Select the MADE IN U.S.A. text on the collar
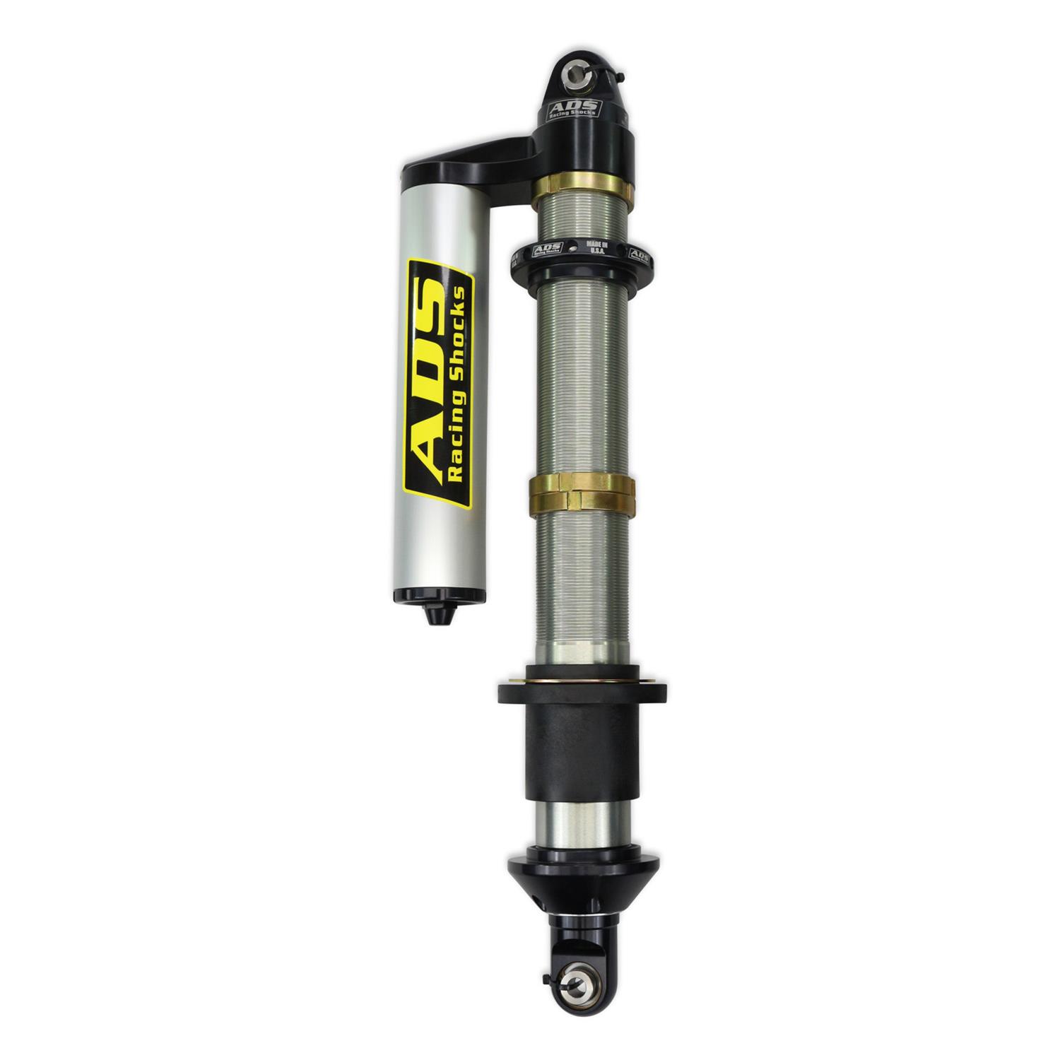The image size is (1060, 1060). pyautogui.click(x=594, y=247)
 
